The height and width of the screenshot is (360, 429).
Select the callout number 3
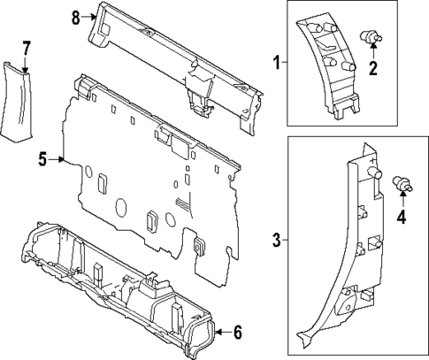click(276, 239)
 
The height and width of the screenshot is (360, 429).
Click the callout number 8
click(75, 18)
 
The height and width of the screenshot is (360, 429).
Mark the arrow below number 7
click(26, 64)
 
